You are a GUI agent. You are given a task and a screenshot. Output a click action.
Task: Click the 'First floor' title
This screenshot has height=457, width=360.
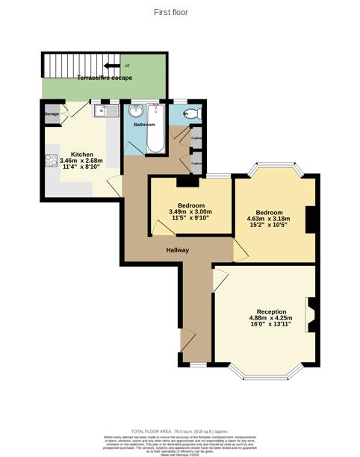coord(171,12)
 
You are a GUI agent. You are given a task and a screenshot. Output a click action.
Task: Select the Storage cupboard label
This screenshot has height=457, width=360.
coord(51,114)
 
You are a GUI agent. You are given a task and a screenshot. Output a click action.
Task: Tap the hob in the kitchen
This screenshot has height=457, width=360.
coord(52,161)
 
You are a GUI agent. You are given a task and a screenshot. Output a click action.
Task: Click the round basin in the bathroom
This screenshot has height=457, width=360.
coord(137,112)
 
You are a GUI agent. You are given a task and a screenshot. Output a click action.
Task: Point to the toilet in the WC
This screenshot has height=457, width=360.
coord(190,114)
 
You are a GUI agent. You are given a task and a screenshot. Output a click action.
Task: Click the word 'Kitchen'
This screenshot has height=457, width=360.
coord(82,155)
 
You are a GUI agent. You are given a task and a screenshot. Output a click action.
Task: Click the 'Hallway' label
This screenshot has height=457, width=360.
coord(177,250)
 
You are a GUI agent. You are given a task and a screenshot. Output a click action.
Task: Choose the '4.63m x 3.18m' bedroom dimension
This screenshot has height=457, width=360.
coord(269,219)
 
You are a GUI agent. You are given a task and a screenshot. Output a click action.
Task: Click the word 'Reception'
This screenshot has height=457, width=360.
coord(270,311)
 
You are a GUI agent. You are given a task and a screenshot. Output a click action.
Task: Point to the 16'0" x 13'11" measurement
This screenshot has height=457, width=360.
coord(270,326)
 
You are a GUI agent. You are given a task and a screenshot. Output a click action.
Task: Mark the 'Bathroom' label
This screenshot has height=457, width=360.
coord(144,125)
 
